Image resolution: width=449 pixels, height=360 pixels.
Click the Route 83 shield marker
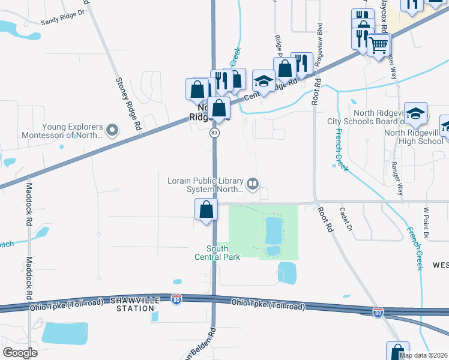[214, 133]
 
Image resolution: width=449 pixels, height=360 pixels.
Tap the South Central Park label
[217, 253]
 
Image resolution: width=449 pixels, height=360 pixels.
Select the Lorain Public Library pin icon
[253, 184]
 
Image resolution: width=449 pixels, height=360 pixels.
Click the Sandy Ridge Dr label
[64, 20]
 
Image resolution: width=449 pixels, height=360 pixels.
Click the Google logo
[20, 353]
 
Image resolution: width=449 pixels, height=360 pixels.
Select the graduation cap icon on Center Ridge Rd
[264, 80]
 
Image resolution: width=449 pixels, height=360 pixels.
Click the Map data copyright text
[423, 355]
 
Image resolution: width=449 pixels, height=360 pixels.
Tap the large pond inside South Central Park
[273, 228]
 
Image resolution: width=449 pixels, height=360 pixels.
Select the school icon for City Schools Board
[415, 112]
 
